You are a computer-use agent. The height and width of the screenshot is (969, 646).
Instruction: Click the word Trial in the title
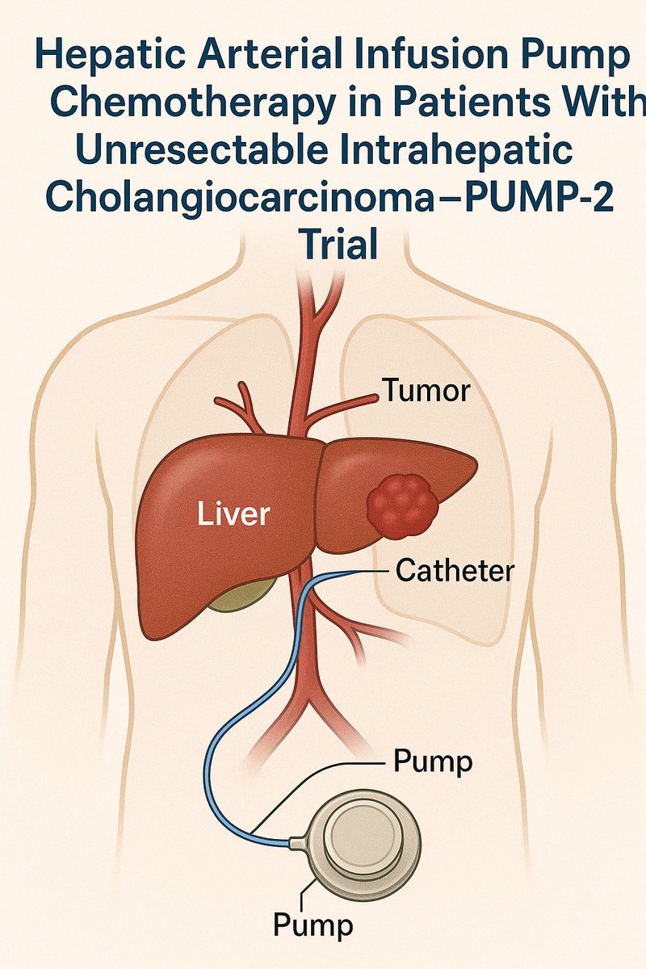pos(338,244)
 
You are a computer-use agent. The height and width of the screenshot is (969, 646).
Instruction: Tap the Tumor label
pos(426,392)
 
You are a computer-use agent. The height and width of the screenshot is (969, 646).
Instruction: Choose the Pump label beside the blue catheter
pos(431,761)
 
